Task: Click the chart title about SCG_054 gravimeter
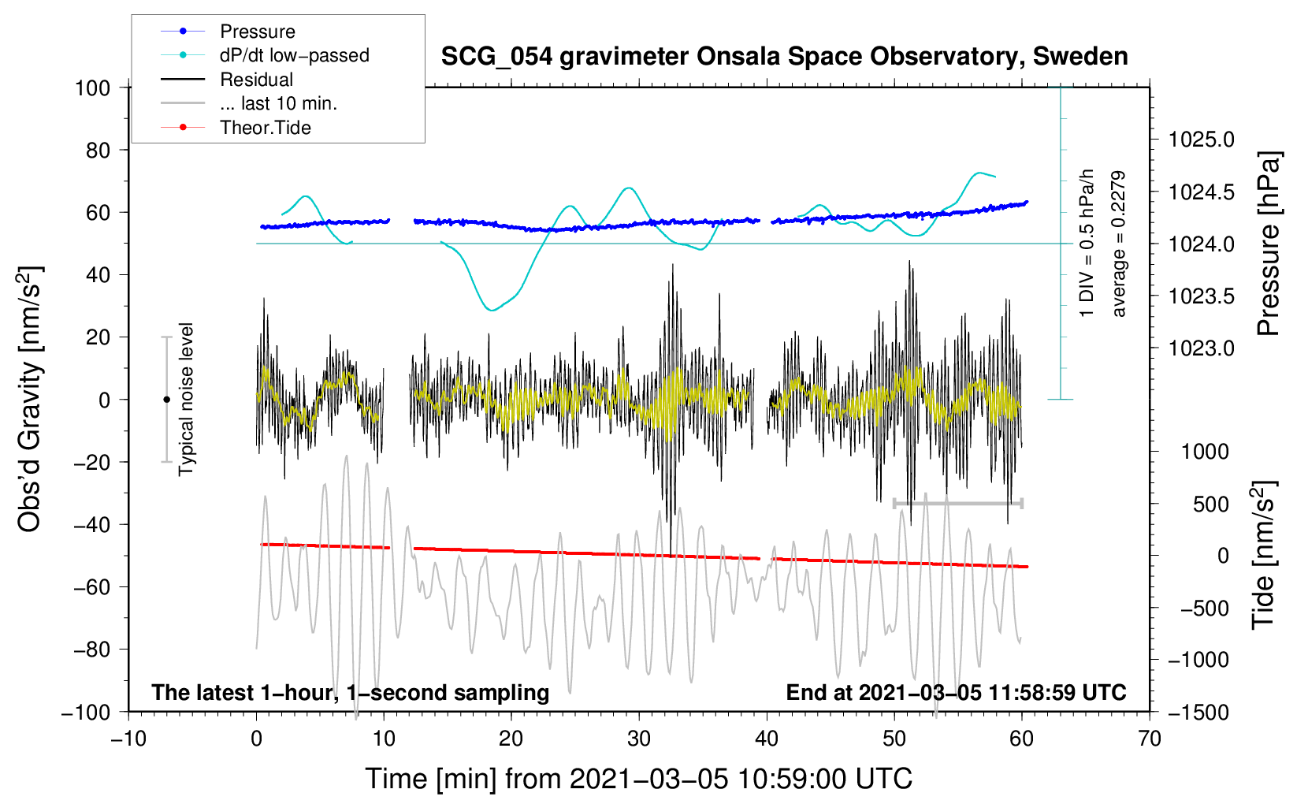784,57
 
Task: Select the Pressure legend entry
257,32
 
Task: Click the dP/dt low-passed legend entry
294,55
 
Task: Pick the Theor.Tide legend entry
265,128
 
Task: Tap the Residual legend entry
256,80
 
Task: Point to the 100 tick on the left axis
92,87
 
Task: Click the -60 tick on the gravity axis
92,586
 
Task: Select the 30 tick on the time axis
639,739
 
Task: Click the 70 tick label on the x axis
1150,739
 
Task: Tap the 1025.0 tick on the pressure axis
1202,140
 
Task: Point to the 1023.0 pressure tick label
1202,348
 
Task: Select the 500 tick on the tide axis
1210,504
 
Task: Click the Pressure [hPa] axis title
1268,244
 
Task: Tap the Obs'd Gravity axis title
30,399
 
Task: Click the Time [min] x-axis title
638,779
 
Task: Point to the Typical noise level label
186,399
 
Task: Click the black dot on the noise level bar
166,400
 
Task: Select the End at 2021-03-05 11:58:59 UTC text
956,692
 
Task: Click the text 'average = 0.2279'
1119,244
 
